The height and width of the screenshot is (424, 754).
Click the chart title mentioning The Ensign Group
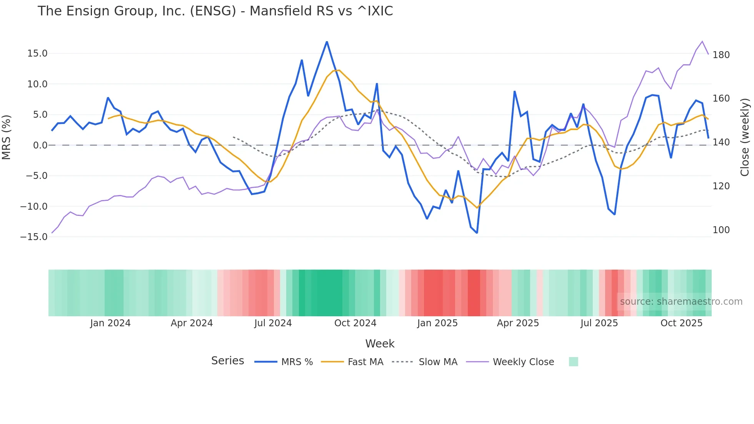215,11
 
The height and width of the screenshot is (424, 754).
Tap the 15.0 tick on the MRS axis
37,53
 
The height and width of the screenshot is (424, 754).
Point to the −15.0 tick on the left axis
34,237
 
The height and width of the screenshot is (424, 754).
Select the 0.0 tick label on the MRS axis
40,145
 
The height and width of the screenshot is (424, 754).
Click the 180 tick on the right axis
721,55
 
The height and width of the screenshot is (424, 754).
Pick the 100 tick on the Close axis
721,230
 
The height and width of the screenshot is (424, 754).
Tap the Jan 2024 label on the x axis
110,323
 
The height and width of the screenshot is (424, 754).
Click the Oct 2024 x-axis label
355,323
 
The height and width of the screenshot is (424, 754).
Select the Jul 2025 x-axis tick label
599,323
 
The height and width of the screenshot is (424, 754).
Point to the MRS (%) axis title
7,137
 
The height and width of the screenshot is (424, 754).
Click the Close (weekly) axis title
745,137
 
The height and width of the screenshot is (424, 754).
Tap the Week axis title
380,344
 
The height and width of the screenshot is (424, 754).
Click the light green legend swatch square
573,362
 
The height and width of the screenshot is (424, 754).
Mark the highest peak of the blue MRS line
327,42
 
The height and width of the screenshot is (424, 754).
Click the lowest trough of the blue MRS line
477,233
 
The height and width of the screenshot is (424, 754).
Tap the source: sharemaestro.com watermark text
681,302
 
